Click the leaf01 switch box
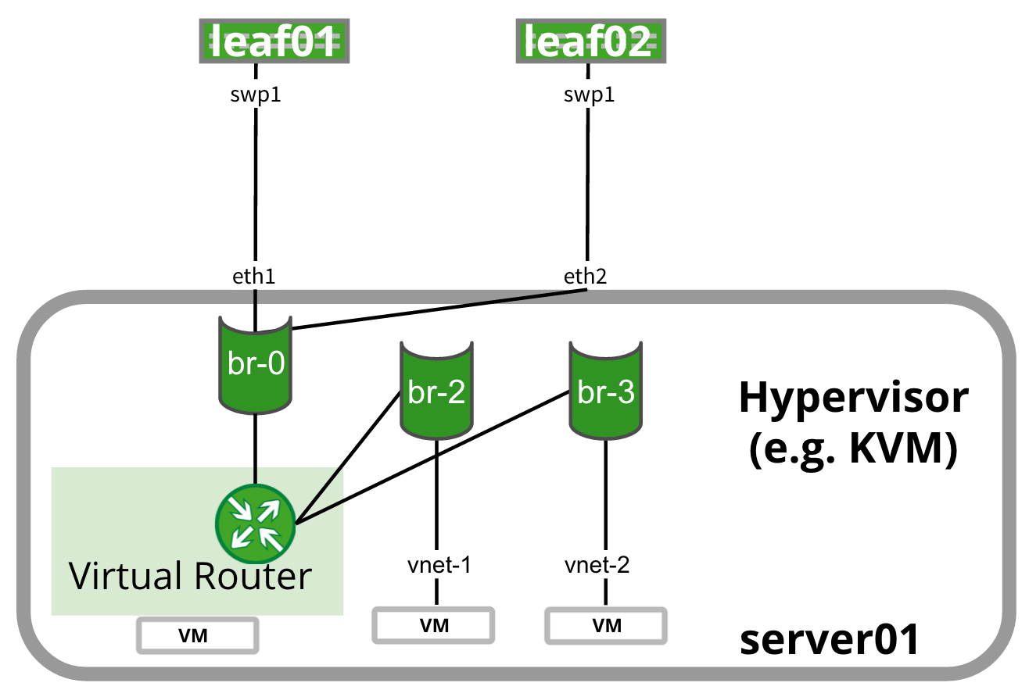271,41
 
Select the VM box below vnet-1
433,625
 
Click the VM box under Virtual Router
197,635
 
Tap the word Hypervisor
853,399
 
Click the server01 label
830,641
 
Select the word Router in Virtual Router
251,577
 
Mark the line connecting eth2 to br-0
438,309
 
